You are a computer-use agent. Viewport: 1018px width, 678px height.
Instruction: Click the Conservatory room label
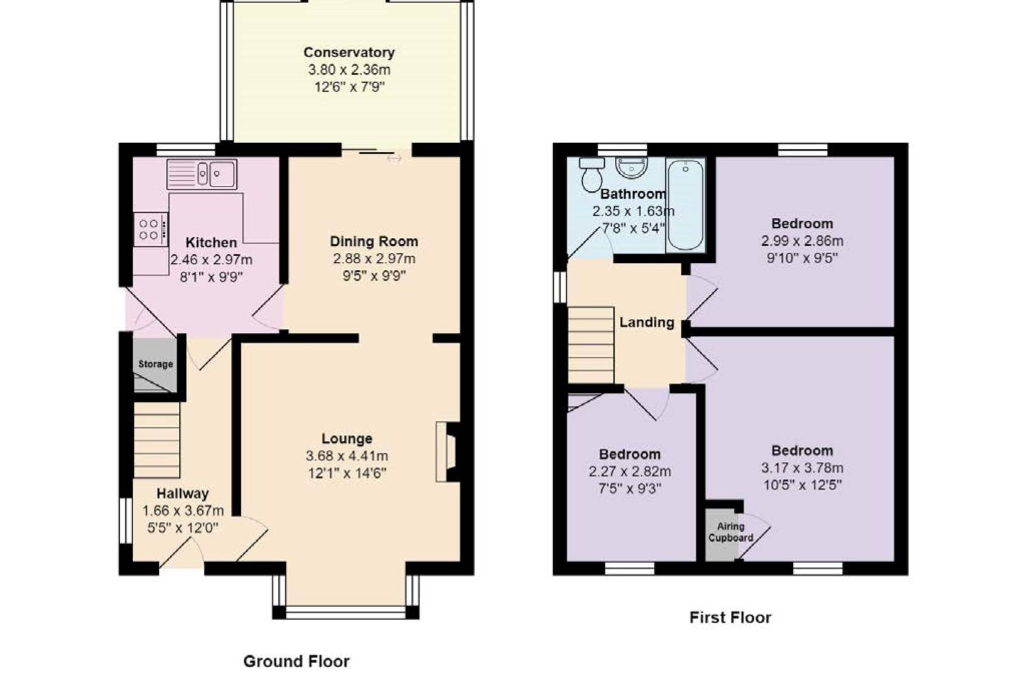(349, 53)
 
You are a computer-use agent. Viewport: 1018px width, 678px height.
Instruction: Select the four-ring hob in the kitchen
(149, 229)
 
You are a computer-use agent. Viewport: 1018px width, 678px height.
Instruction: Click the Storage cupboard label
(155, 364)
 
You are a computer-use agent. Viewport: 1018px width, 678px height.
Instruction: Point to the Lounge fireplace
(448, 452)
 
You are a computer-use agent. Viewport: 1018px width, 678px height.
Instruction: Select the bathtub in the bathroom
(685, 204)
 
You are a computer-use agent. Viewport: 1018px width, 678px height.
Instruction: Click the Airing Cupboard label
(730, 532)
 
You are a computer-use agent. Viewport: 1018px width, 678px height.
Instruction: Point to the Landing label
(646, 323)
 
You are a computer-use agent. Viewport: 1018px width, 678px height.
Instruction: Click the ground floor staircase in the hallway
(157, 440)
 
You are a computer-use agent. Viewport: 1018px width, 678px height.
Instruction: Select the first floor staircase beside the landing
(591, 345)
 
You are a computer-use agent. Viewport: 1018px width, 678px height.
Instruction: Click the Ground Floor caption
(296, 661)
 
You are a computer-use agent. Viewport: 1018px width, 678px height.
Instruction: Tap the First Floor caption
(730, 618)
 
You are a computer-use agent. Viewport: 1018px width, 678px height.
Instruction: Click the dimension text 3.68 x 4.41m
(347, 456)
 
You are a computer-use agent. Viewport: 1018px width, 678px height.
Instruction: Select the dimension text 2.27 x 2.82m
(629, 471)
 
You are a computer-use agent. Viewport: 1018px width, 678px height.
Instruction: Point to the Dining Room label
(374, 242)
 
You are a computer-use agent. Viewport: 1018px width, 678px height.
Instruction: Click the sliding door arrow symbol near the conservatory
(394, 159)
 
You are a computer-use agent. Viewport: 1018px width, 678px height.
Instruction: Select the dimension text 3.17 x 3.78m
(802, 468)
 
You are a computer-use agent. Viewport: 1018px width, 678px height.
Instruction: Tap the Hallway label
(182, 494)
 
